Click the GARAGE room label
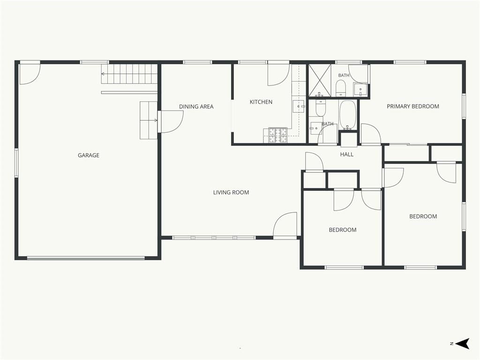tap(89, 155)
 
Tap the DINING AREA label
tap(196, 106)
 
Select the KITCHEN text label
tap(261, 102)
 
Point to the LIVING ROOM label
tap(231, 192)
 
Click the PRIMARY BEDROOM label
tap(413, 106)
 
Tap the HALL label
tap(347, 154)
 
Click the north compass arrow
tap(462, 344)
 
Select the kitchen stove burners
tap(278, 135)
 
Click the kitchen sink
tap(299, 106)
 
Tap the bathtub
tap(347, 115)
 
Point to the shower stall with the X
tap(319, 80)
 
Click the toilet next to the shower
tap(340, 88)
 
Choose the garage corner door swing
tap(30, 74)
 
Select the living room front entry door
tap(285, 225)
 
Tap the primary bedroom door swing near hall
tap(371, 134)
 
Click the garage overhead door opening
tap(86, 258)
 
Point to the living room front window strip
tap(214, 238)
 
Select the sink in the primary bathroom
tap(360, 90)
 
